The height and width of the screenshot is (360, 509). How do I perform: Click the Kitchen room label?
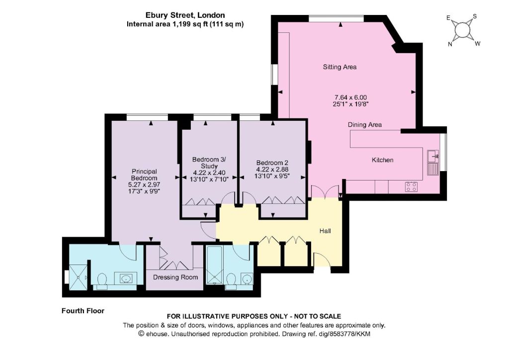[382, 160]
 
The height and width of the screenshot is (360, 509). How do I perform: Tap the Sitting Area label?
[339, 67]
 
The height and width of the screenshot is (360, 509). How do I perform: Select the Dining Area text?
[364, 125]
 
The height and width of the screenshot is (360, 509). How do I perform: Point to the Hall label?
[325, 231]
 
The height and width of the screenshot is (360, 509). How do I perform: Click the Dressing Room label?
[175, 277]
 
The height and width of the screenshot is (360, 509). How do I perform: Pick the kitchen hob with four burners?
[411, 186]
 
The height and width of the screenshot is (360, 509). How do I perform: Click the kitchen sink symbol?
[433, 157]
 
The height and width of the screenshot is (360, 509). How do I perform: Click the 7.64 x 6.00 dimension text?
[350, 97]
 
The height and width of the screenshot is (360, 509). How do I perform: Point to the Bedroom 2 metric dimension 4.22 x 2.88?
[272, 170]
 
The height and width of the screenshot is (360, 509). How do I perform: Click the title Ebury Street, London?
[185, 15]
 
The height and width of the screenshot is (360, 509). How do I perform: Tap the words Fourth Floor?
[83, 311]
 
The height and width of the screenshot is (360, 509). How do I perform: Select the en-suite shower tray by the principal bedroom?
[78, 277]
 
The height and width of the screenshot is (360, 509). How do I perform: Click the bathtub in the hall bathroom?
[214, 265]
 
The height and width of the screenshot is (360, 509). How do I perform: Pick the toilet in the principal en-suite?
[102, 281]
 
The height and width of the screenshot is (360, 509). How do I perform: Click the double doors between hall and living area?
[325, 191]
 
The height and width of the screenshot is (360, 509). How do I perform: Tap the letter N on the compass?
[450, 44]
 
